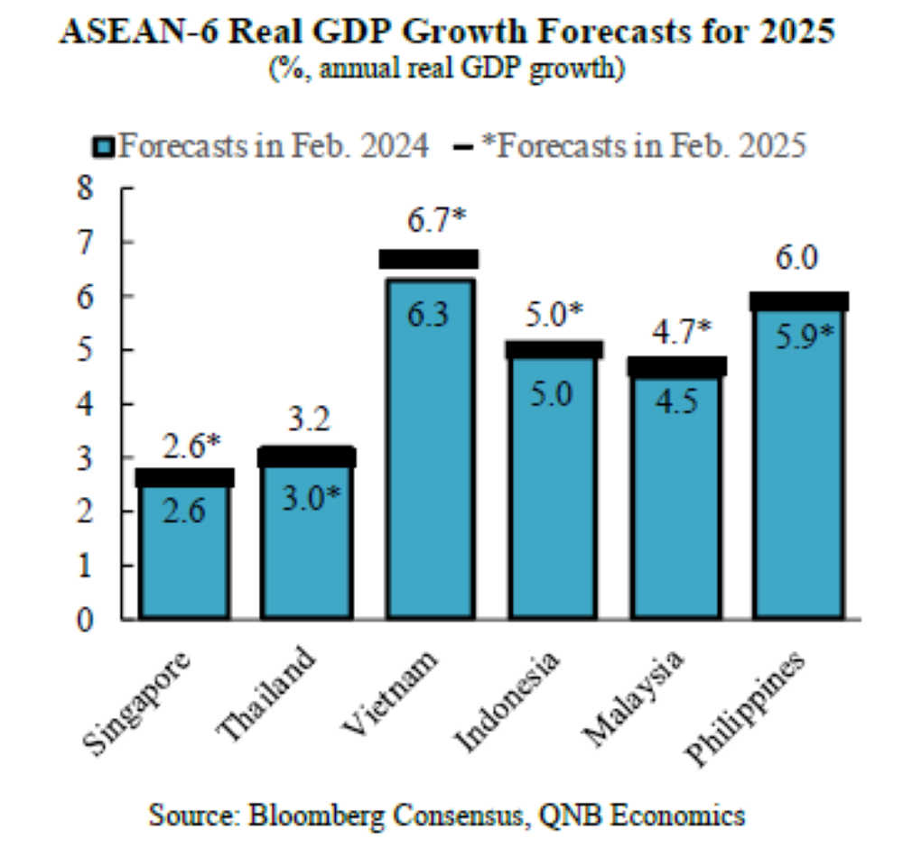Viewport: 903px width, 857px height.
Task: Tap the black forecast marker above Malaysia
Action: pyautogui.click(x=677, y=366)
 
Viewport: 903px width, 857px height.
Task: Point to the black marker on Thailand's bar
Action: pyautogui.click(x=307, y=456)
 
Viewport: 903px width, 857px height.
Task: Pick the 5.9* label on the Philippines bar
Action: pyautogui.click(x=801, y=337)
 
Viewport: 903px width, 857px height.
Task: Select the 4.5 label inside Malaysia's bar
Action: pyautogui.click(x=677, y=401)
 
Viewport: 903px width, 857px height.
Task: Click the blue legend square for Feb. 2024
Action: pyautogui.click(x=105, y=147)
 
